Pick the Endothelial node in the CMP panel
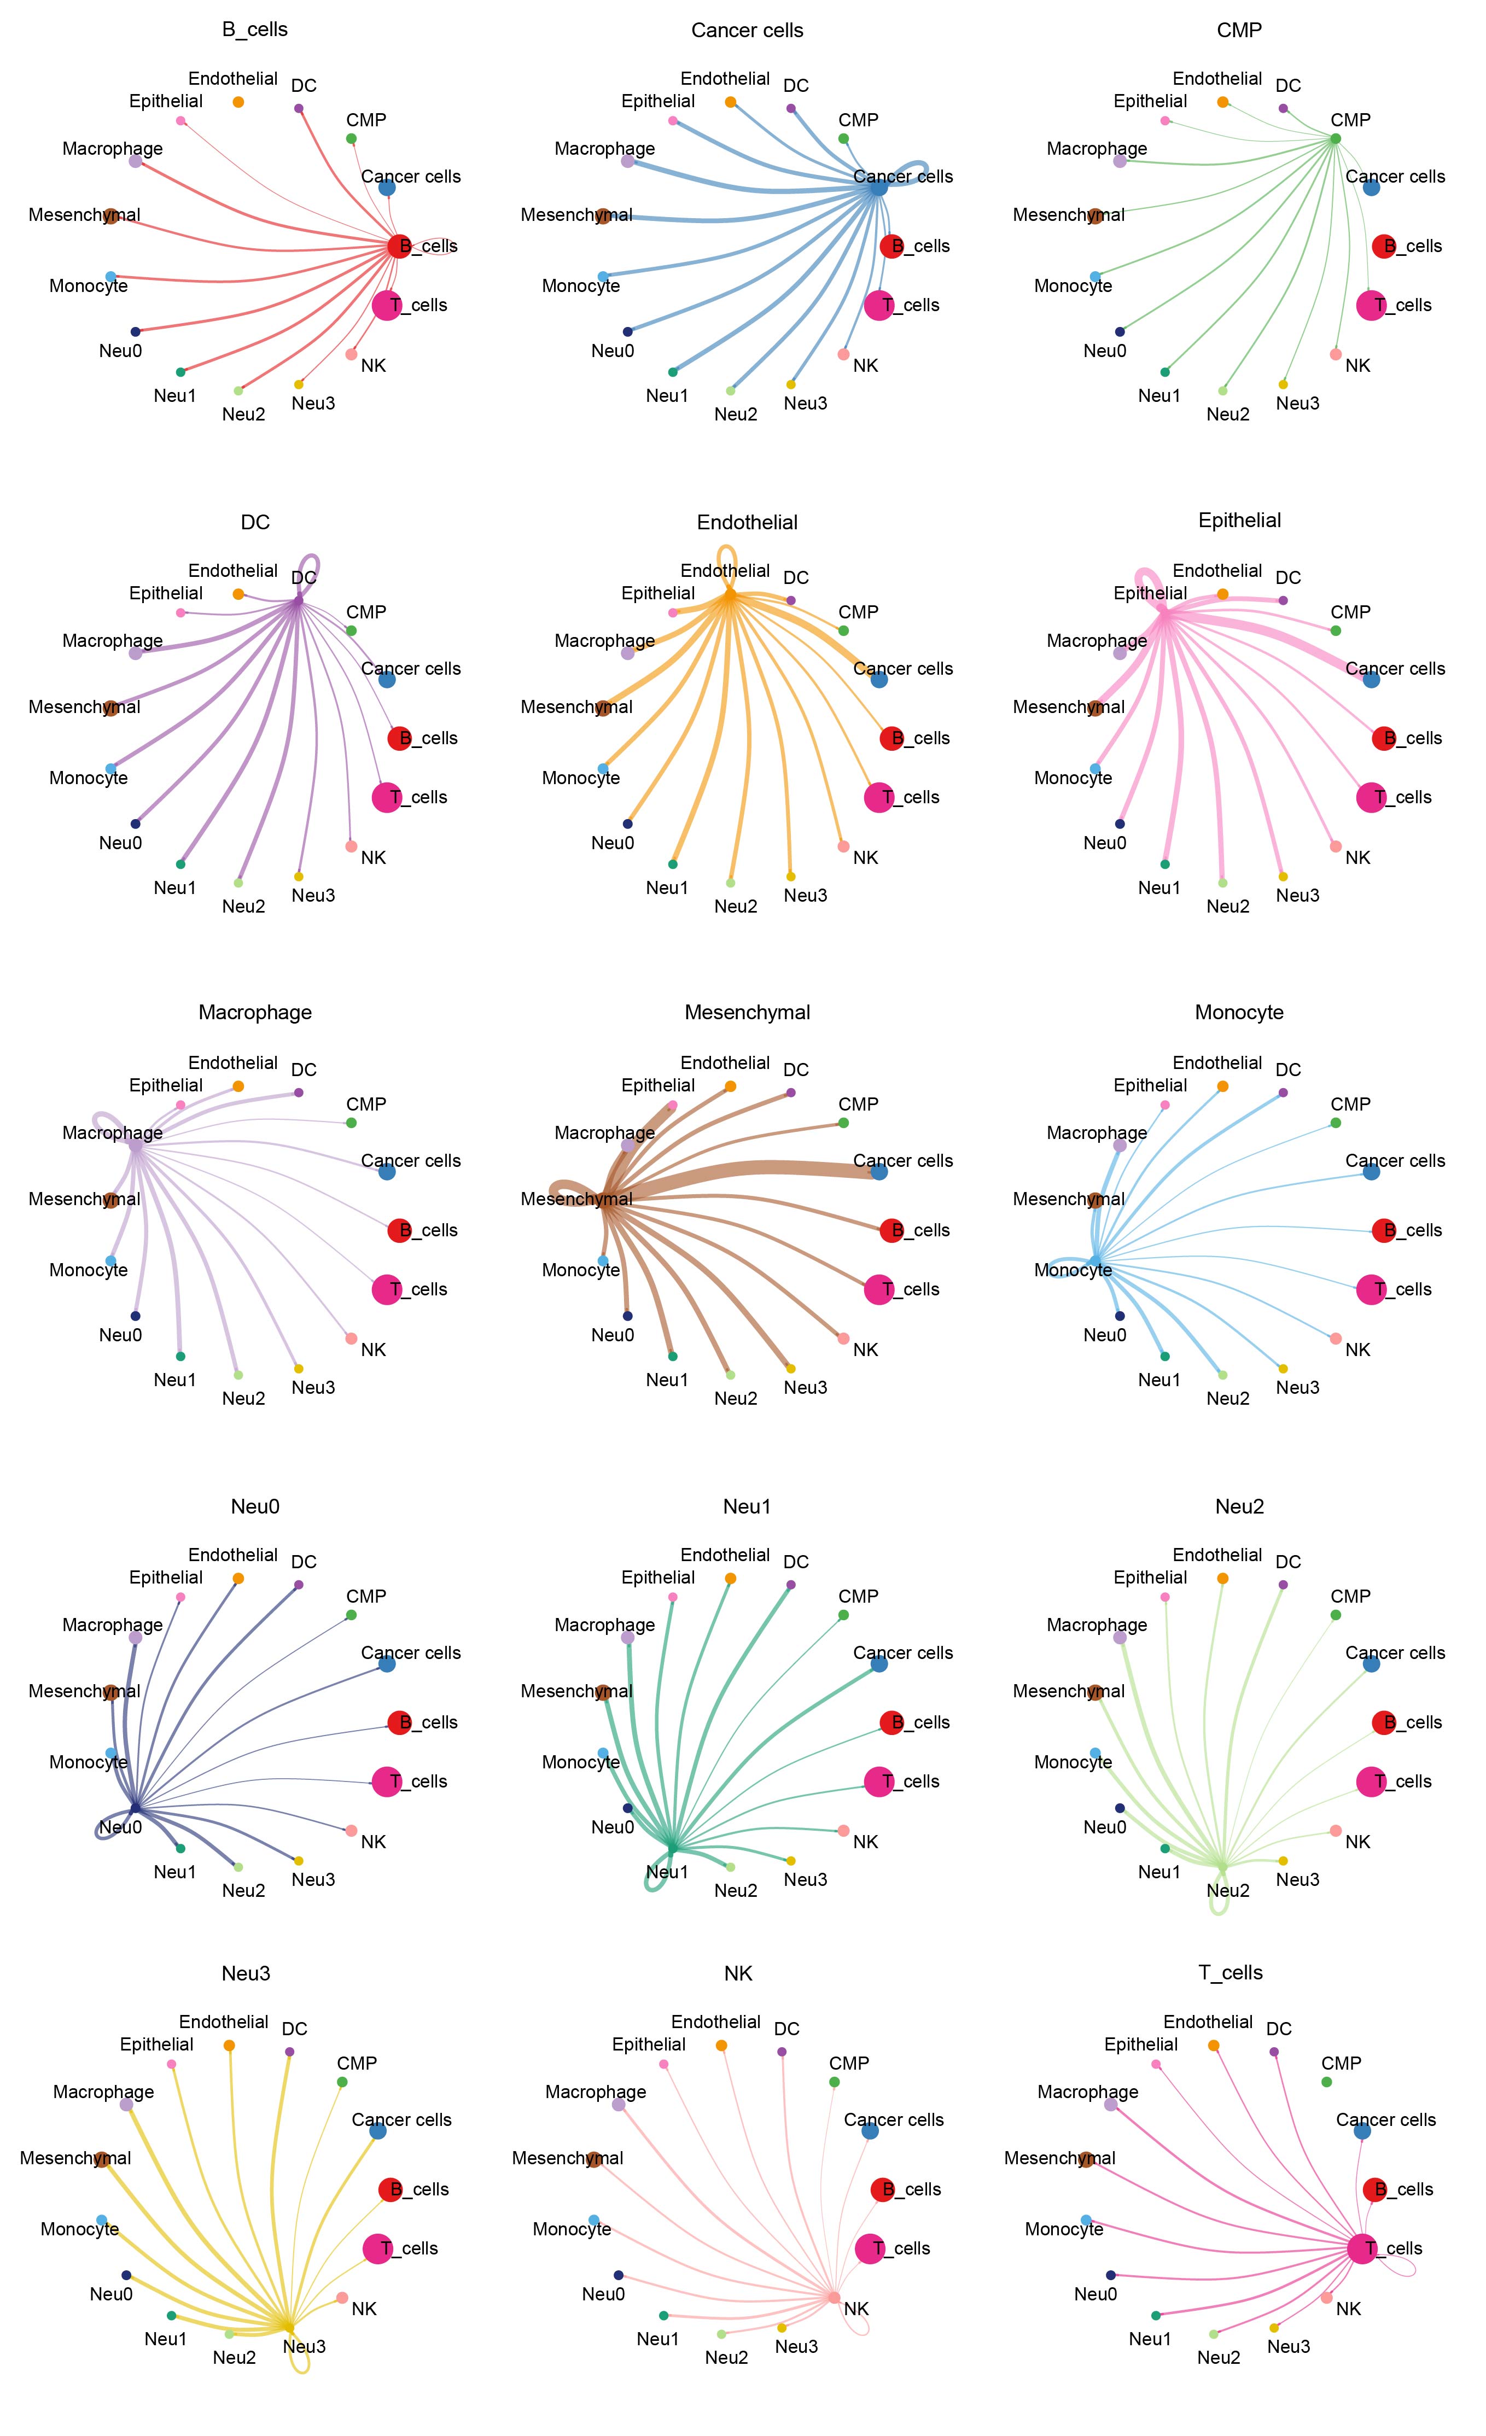click(x=1223, y=102)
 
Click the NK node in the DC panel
click(x=351, y=846)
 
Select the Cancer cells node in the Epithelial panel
click(x=1370, y=679)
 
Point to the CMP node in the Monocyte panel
click(x=1336, y=1123)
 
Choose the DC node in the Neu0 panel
click(x=299, y=1585)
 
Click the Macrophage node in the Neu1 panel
click(x=627, y=1638)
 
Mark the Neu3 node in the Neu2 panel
click(x=1283, y=1861)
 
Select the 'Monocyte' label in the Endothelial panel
click(x=580, y=778)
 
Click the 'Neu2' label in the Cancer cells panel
click(x=736, y=414)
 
